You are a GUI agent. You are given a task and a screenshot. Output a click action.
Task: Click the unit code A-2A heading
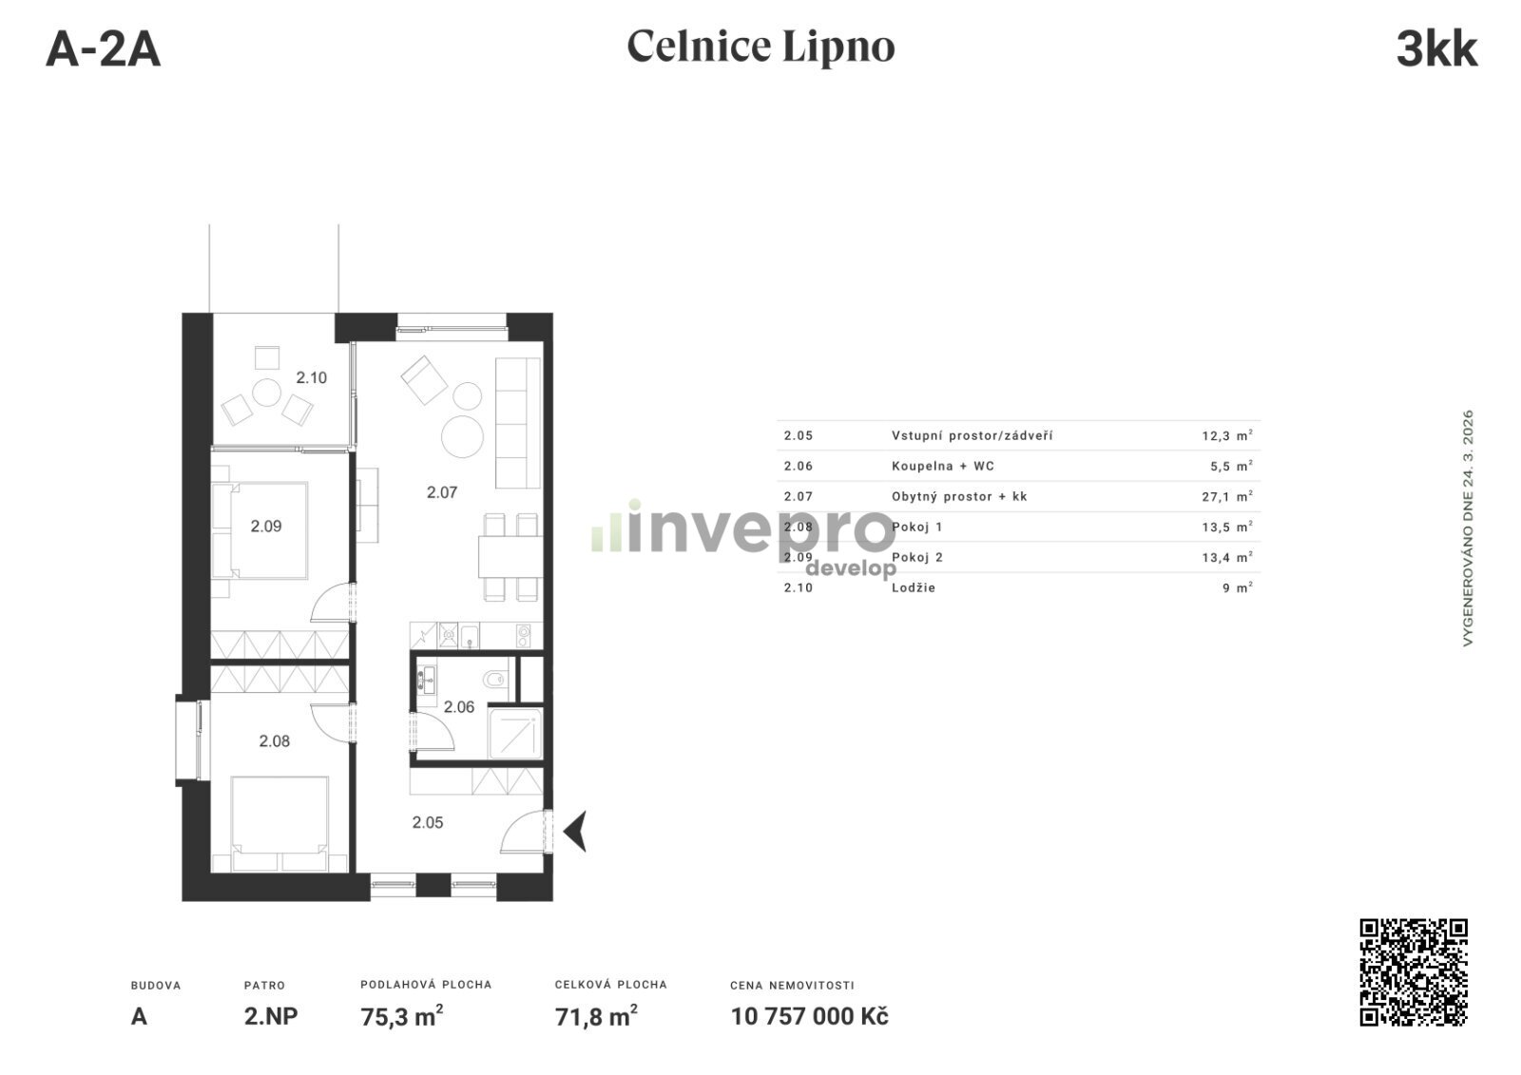tap(104, 49)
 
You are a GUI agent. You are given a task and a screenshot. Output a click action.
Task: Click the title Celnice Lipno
tap(760, 47)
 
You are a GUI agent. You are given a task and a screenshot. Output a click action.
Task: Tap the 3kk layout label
tap(1436, 49)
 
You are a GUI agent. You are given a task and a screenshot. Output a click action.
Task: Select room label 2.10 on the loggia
tap(311, 377)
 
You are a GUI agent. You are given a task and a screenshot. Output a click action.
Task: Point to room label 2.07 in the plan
tap(441, 492)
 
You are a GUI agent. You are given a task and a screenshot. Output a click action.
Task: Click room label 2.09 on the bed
tap(265, 526)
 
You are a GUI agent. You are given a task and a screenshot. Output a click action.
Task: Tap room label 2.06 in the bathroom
tap(458, 707)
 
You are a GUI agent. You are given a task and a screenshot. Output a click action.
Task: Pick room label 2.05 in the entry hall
tap(427, 822)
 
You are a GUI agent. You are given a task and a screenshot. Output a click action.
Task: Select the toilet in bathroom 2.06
tap(494, 678)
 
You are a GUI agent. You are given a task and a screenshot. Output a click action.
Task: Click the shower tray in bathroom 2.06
tap(515, 734)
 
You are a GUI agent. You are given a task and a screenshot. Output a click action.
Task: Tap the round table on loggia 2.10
tap(267, 393)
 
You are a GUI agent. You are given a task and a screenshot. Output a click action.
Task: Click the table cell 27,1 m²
tap(1227, 496)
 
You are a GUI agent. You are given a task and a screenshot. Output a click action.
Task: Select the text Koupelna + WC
tap(942, 466)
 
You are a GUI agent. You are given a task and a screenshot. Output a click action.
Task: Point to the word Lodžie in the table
tap(914, 587)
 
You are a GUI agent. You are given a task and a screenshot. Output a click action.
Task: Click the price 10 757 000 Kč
tap(809, 1016)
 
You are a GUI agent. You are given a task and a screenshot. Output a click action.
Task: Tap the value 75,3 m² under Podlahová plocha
tap(402, 1016)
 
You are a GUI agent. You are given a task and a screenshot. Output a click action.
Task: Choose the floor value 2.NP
tap(271, 1016)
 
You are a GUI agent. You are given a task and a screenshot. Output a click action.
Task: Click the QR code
tap(1414, 971)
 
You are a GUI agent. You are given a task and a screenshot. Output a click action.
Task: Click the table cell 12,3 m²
tap(1227, 435)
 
